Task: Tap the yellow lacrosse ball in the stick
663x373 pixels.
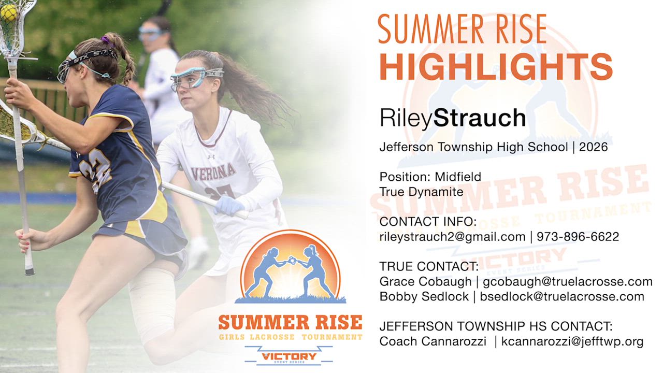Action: tap(8, 13)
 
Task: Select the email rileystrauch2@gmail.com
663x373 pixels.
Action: tap(452, 237)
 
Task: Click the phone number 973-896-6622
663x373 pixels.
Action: tap(578, 237)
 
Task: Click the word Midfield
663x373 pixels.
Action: tap(458, 177)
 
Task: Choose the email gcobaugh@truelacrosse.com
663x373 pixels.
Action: tap(568, 281)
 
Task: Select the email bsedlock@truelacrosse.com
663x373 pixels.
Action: tap(562, 297)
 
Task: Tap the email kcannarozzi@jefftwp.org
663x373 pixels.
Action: tap(572, 341)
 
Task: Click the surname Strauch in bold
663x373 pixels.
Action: tap(480, 118)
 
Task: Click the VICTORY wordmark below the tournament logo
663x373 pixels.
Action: tap(289, 356)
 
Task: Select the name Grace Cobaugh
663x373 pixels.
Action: tap(425, 281)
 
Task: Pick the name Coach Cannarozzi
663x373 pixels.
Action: tap(433, 341)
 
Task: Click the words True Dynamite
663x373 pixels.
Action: tap(421, 192)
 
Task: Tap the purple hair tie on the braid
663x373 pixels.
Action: tap(105, 40)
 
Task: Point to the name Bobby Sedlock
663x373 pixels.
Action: tap(424, 297)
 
